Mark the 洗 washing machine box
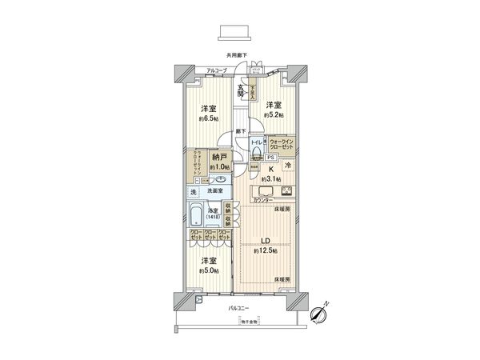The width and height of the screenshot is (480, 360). coord(194,192)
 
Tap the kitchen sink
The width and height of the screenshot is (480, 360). coord(263,190)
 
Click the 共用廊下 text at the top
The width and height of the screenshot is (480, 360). coord(237,55)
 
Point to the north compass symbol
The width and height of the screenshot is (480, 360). coord(320,315)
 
